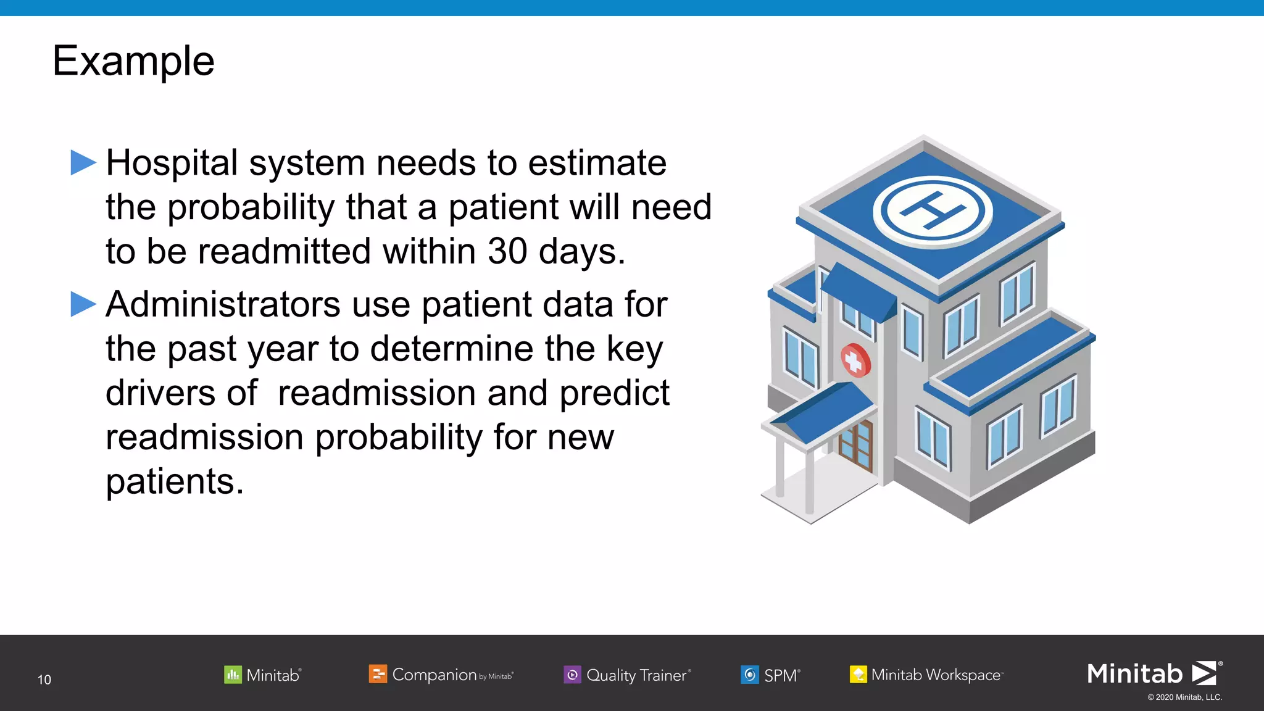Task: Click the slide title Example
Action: pyautogui.click(x=133, y=61)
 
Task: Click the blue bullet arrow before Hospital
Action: pyautogui.click(x=83, y=163)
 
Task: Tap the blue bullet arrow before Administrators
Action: pyautogui.click(x=83, y=304)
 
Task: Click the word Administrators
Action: pyautogui.click(x=223, y=305)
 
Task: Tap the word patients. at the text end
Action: pyautogui.click(x=175, y=482)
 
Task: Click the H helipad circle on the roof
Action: pyautogui.click(x=932, y=210)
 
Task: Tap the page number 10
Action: pyautogui.click(x=44, y=680)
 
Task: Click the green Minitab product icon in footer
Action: pyautogui.click(x=233, y=675)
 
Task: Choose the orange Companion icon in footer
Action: pyautogui.click(x=378, y=674)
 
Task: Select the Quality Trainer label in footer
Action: pyautogui.click(x=636, y=675)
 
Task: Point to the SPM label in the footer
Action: pyautogui.click(x=781, y=675)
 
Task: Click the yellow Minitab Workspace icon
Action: pyautogui.click(x=858, y=675)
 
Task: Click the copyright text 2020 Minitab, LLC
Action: pyautogui.click(x=1184, y=697)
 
